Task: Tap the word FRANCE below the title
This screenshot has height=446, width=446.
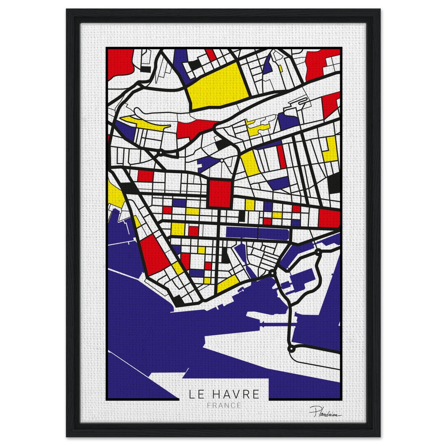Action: [224, 405]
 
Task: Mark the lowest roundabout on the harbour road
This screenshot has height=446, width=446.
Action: [291, 348]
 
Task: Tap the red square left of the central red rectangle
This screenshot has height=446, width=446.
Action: [145, 176]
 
